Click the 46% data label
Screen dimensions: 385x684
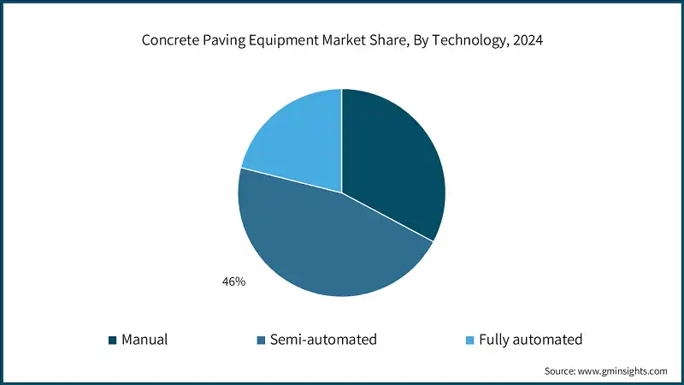click(233, 281)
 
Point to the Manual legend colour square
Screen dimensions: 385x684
click(112, 341)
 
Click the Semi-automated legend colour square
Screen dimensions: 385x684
click(260, 341)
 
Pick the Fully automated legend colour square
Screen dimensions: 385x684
click(469, 341)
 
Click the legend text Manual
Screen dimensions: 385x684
click(144, 340)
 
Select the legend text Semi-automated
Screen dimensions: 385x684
click(323, 340)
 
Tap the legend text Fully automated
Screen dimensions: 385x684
click(530, 340)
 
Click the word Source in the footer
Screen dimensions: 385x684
click(561, 371)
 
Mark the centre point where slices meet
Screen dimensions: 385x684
click(342, 192)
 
